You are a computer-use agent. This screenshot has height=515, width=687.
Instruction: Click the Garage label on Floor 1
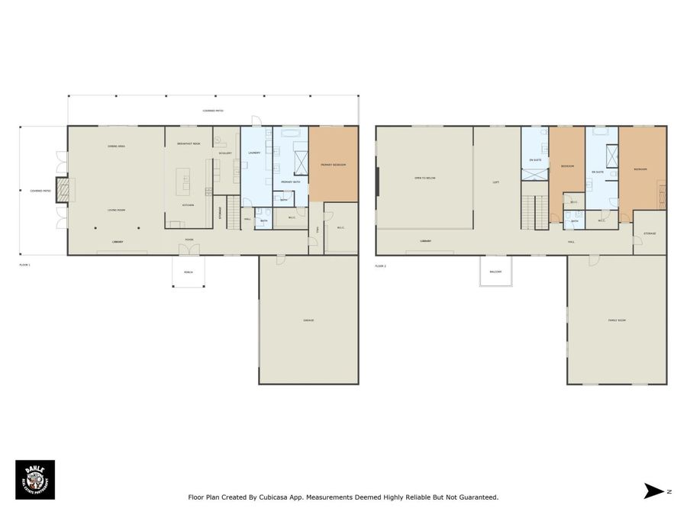pyautogui.click(x=308, y=320)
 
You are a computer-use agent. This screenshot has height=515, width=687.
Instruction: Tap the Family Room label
pyautogui.click(x=617, y=320)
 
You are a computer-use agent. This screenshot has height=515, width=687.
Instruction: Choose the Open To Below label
pyautogui.click(x=424, y=178)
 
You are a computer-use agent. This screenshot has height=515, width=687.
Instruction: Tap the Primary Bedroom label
pyautogui.click(x=334, y=165)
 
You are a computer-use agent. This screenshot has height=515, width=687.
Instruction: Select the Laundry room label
pyautogui.click(x=254, y=153)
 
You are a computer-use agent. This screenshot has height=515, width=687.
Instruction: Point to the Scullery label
pyautogui.click(x=225, y=153)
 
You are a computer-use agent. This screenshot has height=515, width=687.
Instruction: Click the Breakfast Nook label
pyautogui.click(x=189, y=143)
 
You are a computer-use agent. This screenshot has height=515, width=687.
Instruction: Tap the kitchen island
pyautogui.click(x=183, y=182)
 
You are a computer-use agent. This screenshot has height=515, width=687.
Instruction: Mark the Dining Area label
pyautogui.click(x=116, y=145)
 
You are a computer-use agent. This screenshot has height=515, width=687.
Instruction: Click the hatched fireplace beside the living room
pyautogui.click(x=63, y=191)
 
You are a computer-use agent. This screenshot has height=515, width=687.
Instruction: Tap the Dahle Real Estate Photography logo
pyautogui.click(x=35, y=479)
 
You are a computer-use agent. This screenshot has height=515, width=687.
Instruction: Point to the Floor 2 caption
pyautogui.click(x=380, y=266)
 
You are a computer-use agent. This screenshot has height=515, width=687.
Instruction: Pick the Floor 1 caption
pyautogui.click(x=24, y=264)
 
